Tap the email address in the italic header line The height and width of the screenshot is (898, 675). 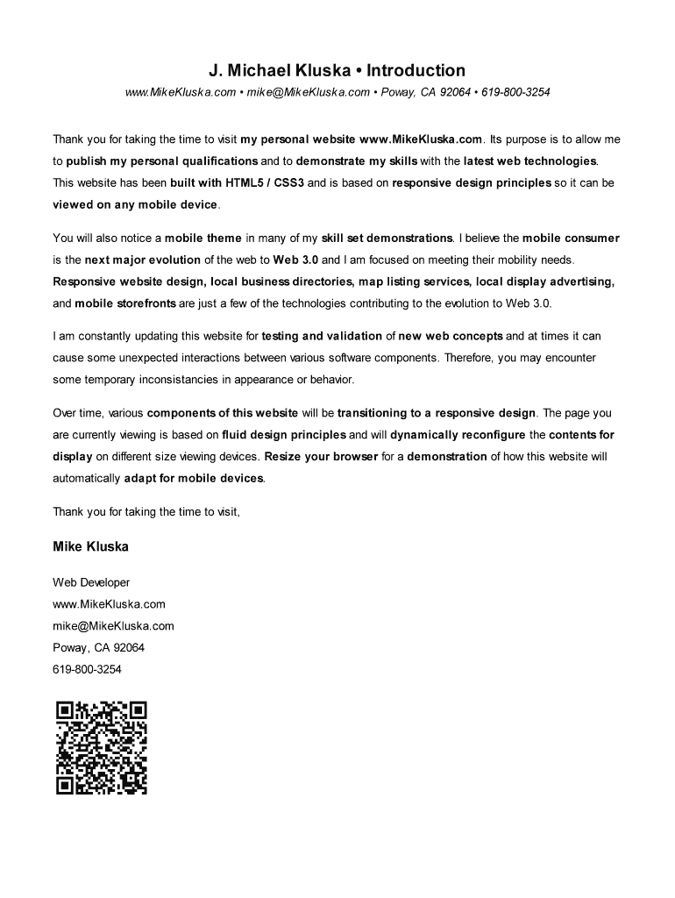308,92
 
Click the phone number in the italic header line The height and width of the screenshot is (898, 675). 516,92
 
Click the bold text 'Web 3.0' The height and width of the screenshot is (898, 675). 295,260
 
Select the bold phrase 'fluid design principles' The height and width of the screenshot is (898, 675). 284,435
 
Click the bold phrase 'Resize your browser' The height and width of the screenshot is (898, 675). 322,457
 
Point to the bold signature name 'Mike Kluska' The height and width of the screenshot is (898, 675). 90,546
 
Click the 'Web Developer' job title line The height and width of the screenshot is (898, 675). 91,582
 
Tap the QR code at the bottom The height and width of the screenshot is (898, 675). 101,747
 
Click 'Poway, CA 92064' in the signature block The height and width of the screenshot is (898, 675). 98,647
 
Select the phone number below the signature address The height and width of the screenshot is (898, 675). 87,669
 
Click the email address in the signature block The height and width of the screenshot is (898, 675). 113,625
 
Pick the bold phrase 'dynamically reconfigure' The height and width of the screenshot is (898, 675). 458,435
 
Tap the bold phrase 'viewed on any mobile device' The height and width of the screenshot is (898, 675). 134,205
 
